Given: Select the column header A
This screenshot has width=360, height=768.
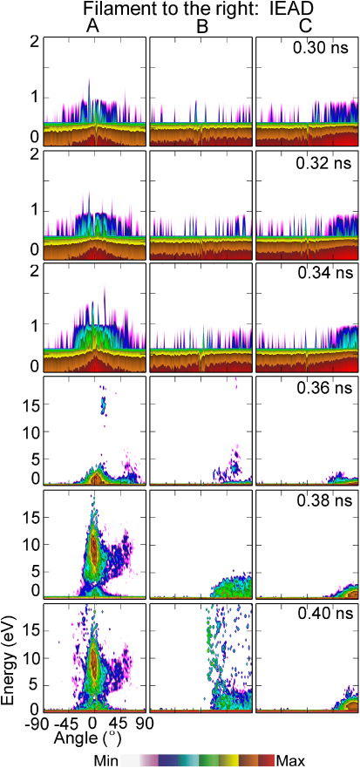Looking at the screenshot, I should coord(92,27).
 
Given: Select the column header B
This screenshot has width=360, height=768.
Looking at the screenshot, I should coord(201,27).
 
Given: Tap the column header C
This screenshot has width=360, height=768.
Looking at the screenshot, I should coord(306,27).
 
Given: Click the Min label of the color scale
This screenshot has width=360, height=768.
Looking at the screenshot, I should coord(106,760).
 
